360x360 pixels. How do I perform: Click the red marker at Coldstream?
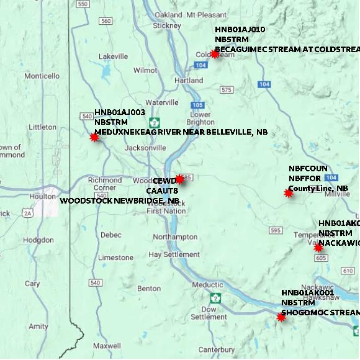pos(215,54)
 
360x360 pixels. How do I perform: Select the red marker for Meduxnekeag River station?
pos(94,137)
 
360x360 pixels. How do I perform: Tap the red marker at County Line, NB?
pos(289,193)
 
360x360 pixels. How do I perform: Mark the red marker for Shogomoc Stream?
pos(281,317)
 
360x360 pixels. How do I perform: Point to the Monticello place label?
pos(42,76)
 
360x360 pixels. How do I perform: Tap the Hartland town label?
pos(189,81)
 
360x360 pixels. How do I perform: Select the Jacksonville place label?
pos(145,148)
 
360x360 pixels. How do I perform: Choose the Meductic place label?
pos(207,285)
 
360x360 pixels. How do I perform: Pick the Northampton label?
pos(174,237)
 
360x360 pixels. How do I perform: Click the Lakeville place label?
pos(112,56)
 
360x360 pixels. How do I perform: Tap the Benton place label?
pos(149,289)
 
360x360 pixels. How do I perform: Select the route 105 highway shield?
pos(197,105)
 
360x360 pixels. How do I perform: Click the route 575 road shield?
pos(225,90)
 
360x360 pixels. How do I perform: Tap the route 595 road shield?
pos(276,230)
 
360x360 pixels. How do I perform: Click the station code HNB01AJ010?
pos(240,30)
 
